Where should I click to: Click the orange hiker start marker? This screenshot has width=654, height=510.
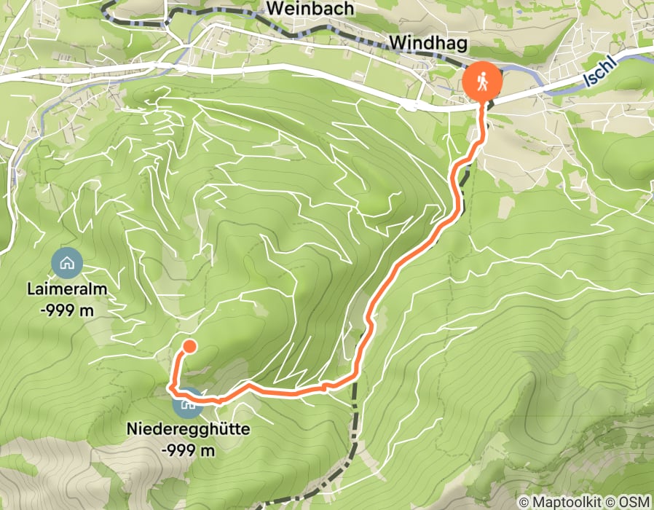tap(481, 82)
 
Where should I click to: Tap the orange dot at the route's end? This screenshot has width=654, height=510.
tap(189, 346)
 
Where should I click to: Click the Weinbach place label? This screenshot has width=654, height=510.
tap(310, 9)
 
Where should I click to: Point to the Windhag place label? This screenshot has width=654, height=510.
tap(428, 44)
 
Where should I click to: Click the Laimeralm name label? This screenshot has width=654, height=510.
tap(67, 289)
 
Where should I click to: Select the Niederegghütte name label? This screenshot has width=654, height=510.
tap(188, 430)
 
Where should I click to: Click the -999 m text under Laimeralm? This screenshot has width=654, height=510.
tap(67, 310)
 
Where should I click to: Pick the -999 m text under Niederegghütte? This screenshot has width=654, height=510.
tap(188, 450)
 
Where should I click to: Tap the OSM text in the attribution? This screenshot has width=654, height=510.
tap(634, 502)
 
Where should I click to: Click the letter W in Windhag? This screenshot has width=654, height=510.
tap(398, 44)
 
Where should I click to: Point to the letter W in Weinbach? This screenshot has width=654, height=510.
tap(275, 9)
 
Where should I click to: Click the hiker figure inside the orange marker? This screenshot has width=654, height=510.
tap(481, 82)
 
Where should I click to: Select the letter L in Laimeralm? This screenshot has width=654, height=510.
tap(31, 289)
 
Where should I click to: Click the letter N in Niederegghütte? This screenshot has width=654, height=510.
tap(131, 430)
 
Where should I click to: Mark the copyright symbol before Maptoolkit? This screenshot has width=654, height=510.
tap(525, 502)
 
